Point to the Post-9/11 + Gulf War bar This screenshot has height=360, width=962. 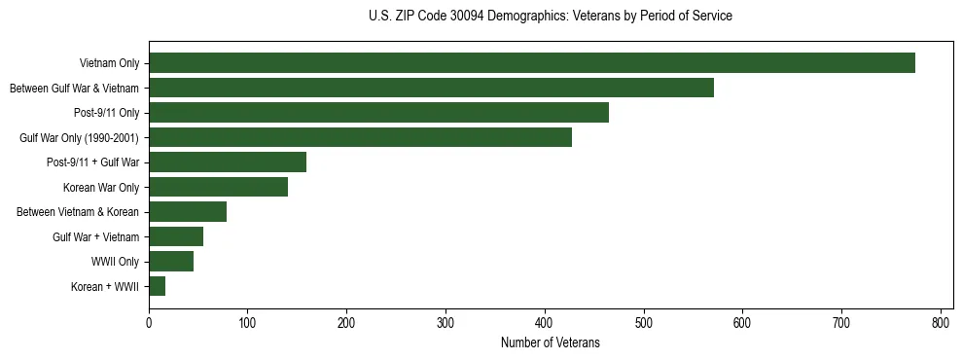(228, 162)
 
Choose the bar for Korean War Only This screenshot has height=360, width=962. (218, 187)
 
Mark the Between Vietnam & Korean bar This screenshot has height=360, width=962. (188, 212)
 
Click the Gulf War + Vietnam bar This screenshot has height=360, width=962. (176, 236)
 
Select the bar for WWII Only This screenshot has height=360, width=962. (171, 261)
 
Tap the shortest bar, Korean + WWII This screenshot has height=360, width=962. (158, 286)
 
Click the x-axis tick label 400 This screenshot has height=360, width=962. (545, 323)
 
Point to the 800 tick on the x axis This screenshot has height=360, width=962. (941, 323)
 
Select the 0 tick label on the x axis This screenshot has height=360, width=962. (149, 323)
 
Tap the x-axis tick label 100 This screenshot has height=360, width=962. (248, 323)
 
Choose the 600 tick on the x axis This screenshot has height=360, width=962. (742, 323)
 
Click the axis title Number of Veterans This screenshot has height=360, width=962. (550, 343)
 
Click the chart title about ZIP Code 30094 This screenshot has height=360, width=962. (550, 17)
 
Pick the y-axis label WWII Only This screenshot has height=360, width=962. (115, 262)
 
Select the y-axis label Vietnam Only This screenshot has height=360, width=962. (109, 63)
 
